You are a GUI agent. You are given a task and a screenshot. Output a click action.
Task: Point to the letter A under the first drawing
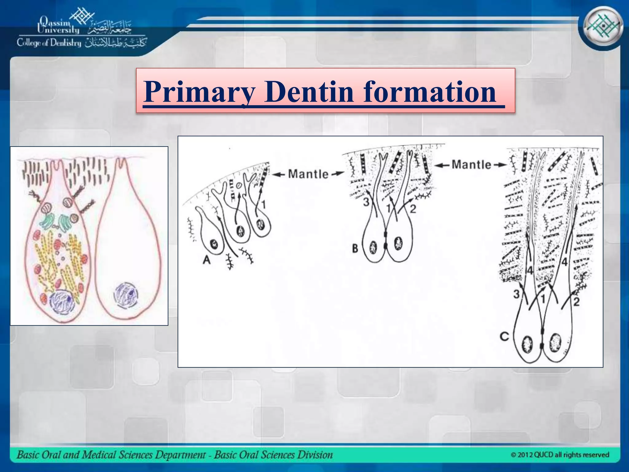[x=207, y=260]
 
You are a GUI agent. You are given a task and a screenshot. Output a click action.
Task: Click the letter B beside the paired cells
[x=355, y=248]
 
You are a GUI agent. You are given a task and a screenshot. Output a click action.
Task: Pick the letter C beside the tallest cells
[x=504, y=336]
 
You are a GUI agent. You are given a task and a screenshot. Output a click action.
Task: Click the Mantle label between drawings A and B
[x=308, y=174]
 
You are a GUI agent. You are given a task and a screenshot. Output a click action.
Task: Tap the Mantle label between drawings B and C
[x=471, y=165]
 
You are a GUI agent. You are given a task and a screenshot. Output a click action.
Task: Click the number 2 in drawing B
[x=413, y=209]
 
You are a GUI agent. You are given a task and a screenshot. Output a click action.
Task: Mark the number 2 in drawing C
[x=576, y=302]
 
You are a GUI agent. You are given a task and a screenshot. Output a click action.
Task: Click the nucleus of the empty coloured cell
[x=126, y=296]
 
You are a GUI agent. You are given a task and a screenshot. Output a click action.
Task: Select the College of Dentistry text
[x=49, y=43]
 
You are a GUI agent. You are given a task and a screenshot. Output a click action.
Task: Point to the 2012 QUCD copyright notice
[x=560, y=454]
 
